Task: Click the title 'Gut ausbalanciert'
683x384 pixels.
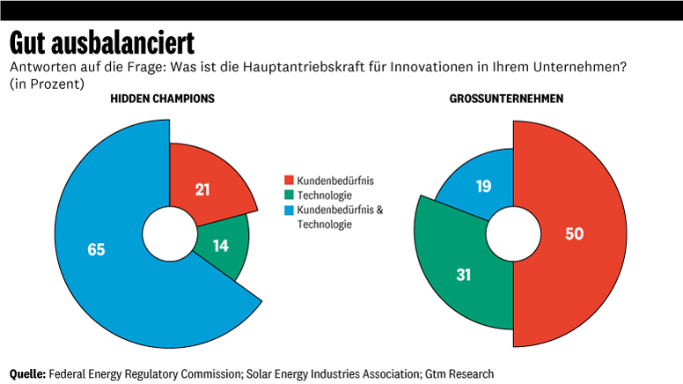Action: tap(102, 42)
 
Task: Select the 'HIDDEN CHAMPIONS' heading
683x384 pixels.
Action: tap(162, 99)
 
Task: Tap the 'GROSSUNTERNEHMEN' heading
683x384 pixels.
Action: tap(506, 99)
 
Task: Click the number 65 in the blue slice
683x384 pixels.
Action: tap(96, 249)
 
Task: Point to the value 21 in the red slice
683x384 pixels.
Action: tap(202, 189)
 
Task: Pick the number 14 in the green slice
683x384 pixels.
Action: tap(221, 246)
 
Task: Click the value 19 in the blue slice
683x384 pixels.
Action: tap(483, 186)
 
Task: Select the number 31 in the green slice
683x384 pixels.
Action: tap(464, 275)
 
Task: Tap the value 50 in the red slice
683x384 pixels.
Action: tap(574, 233)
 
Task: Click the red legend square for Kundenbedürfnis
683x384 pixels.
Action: tap(289, 180)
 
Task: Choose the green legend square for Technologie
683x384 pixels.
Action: tap(289, 195)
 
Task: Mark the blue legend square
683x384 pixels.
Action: tap(289, 210)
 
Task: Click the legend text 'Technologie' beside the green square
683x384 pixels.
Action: tap(325, 196)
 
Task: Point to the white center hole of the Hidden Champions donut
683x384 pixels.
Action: tap(170, 234)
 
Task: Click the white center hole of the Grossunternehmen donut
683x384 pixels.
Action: tap(513, 234)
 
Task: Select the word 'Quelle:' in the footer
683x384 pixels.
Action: tap(27, 374)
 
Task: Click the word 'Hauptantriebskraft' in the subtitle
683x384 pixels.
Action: tap(304, 67)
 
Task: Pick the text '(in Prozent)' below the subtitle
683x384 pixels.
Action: tap(47, 84)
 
